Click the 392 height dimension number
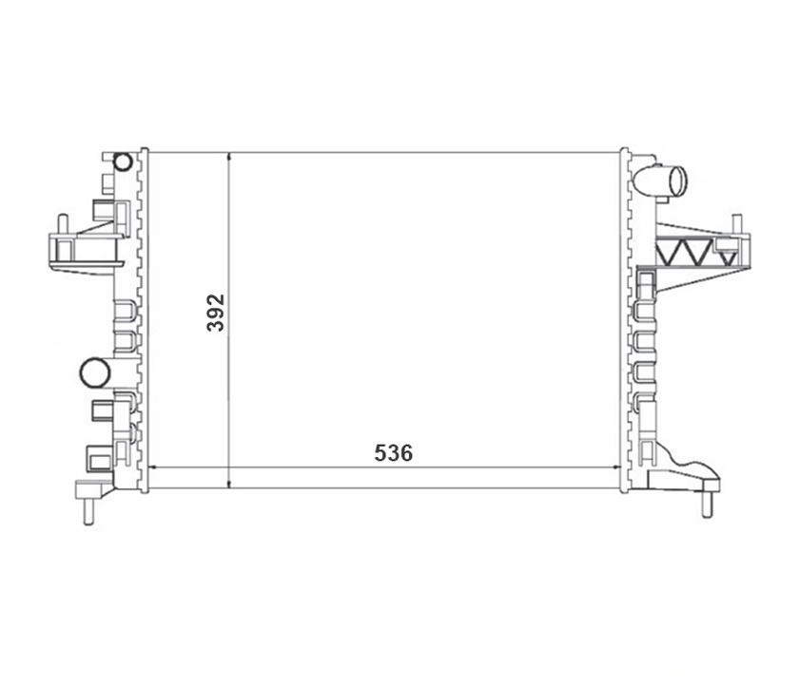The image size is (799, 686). [216, 313]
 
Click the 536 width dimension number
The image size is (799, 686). [394, 453]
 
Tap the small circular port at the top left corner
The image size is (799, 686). [123, 162]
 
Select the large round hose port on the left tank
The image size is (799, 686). [95, 372]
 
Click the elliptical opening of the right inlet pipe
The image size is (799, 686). [677, 181]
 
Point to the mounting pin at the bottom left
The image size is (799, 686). [88, 511]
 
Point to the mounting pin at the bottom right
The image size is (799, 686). [707, 505]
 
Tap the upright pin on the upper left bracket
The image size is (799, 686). [63, 224]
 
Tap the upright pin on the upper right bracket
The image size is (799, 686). [736, 224]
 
